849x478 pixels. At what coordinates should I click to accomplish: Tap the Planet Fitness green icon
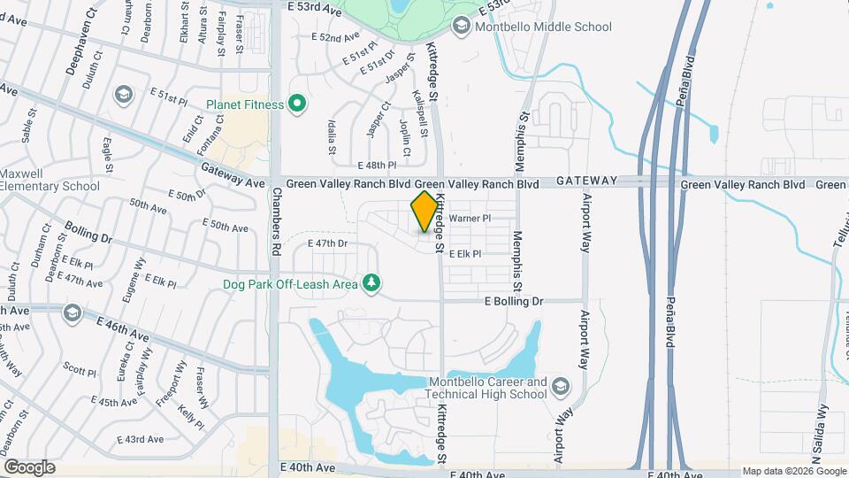[x=297, y=105]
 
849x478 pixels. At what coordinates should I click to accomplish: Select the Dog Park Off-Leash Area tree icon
[x=373, y=283]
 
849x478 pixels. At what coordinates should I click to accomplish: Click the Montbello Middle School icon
[x=461, y=27]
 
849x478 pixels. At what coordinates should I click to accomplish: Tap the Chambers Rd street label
[x=276, y=221]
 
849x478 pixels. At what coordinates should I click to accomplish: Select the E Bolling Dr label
[x=514, y=301]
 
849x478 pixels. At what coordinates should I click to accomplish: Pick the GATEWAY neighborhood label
[x=587, y=181]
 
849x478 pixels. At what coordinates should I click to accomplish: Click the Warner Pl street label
[x=470, y=217]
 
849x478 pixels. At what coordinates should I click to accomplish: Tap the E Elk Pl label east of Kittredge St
[x=465, y=254]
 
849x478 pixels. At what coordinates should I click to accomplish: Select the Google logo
[x=29, y=467]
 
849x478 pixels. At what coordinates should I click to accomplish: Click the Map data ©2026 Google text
[x=792, y=471]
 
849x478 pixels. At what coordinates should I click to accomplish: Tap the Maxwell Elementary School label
[x=50, y=180]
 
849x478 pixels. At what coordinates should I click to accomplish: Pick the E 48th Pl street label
[x=377, y=166]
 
